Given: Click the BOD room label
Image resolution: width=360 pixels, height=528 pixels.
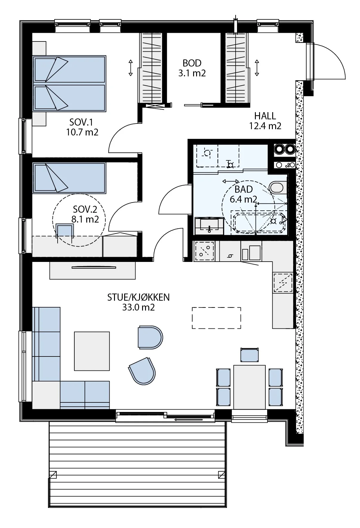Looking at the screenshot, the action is click(x=192, y=63).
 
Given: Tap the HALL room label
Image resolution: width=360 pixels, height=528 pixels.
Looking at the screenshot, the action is click(x=265, y=116).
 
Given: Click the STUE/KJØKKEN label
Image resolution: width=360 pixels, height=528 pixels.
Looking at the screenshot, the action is click(x=139, y=297).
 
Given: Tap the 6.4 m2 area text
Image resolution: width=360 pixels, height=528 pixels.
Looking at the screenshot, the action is click(x=243, y=199).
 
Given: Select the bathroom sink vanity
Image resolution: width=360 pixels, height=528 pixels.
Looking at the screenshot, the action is click(x=209, y=226).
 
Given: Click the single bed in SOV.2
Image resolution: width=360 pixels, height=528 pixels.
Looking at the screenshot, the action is click(x=69, y=178).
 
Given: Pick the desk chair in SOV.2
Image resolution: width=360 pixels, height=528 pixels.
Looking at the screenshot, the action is click(x=65, y=231).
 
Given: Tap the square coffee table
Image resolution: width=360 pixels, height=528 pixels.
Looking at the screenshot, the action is click(x=92, y=351).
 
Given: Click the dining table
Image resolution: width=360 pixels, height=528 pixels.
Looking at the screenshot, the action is click(x=250, y=387).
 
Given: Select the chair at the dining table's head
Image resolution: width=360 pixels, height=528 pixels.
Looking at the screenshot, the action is click(x=249, y=355).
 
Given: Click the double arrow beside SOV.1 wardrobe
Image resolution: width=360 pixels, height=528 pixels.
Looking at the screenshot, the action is click(x=130, y=68).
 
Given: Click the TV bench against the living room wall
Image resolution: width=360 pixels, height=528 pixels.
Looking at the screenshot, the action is click(x=93, y=271).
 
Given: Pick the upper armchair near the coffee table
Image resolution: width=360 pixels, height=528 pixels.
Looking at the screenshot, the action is click(x=150, y=337).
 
